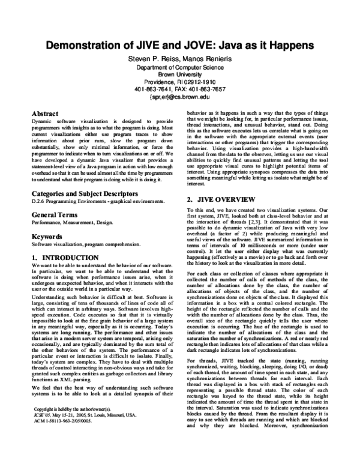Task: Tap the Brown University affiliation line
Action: [x=180, y=77]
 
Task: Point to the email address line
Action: [x=180, y=95]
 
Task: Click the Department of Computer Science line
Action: [x=180, y=68]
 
